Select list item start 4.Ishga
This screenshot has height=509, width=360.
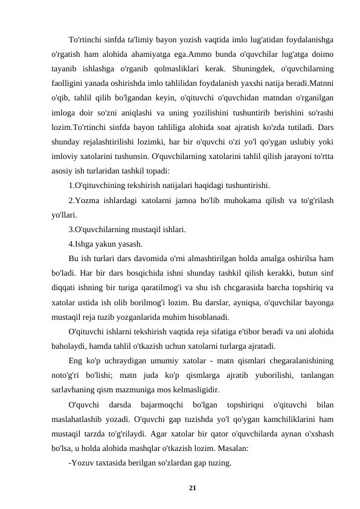click(86, 244)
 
